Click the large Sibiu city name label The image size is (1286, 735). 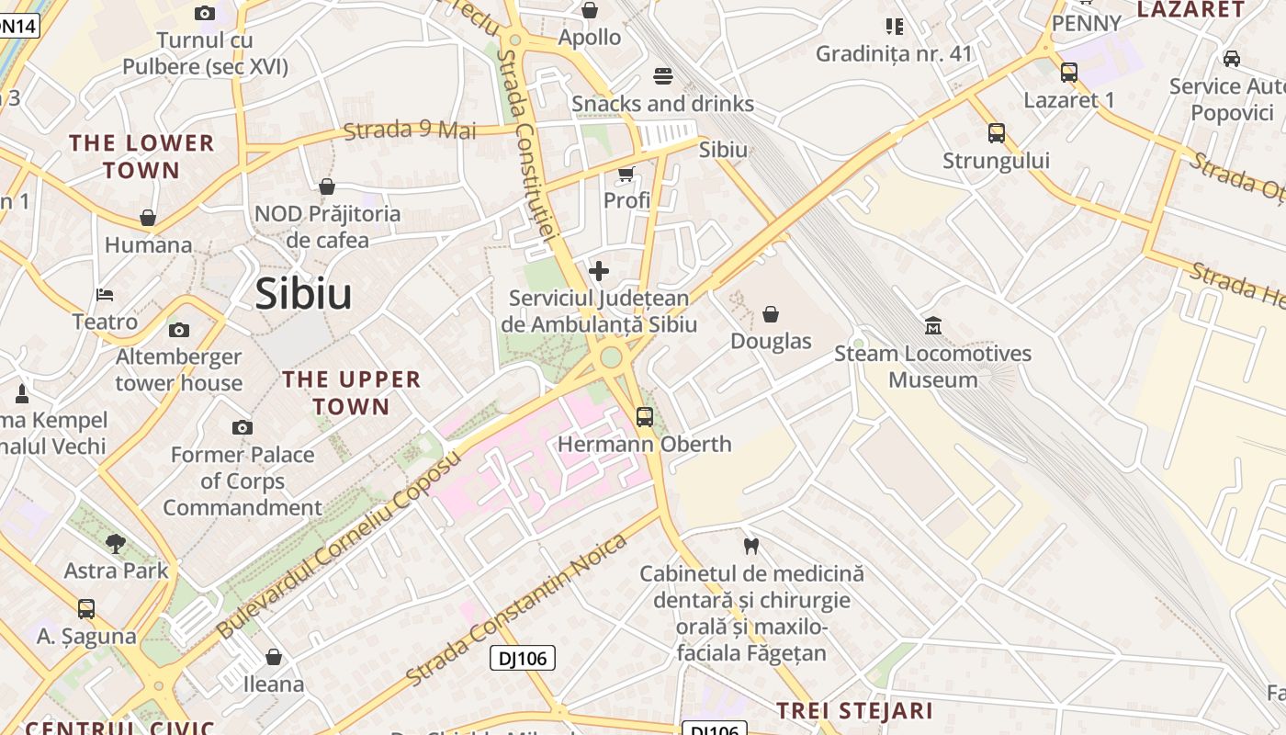pos(303,294)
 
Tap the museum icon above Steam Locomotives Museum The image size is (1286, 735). pos(933,325)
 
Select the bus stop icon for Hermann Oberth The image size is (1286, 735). pos(645,416)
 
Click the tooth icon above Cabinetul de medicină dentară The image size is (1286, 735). pos(750,546)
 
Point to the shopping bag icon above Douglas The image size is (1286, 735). pos(771,314)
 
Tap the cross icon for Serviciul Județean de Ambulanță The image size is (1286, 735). pos(598,271)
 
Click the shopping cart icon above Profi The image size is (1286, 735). pos(626,174)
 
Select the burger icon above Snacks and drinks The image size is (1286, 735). pos(663,75)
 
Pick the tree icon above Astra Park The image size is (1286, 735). pos(116,543)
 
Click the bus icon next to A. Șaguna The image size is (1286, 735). pos(86,608)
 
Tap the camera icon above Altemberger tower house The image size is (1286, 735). pos(179,330)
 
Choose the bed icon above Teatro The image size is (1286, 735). pos(105,295)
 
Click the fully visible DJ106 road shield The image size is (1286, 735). pos(523,658)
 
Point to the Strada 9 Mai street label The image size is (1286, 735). pos(410,130)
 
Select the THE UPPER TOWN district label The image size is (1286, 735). pos(351,392)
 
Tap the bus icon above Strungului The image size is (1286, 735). pos(997,133)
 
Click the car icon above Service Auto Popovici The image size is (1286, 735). pos(1232,59)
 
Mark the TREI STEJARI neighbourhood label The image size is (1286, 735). pos(854,710)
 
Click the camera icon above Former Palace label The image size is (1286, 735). pos(243,427)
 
